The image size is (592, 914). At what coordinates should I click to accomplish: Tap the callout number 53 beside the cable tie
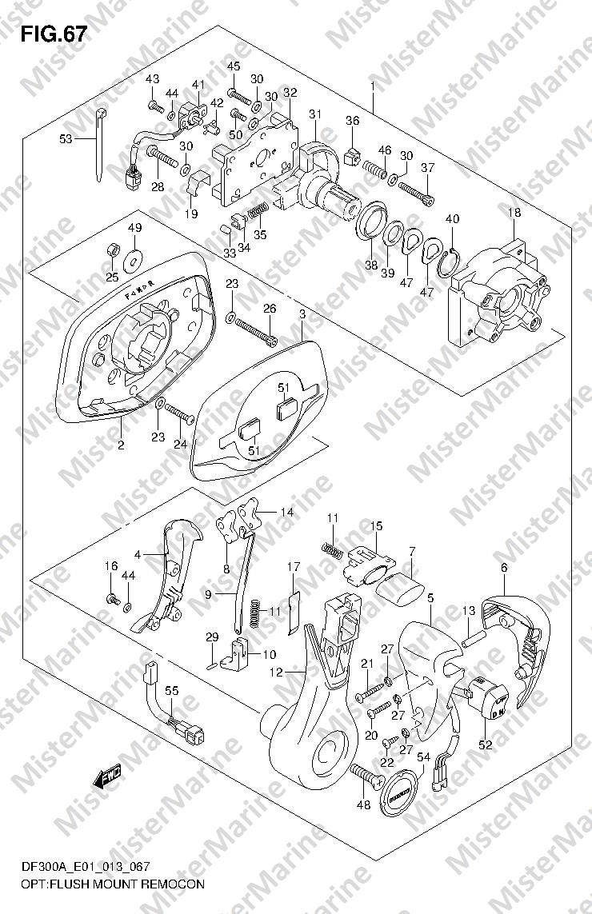click(x=67, y=138)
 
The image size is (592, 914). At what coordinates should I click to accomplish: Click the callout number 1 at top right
click(x=373, y=86)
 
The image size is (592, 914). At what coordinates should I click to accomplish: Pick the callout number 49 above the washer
click(x=134, y=228)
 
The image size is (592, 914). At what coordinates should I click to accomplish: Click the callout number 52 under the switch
click(x=486, y=744)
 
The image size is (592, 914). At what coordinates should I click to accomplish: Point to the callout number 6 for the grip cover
click(x=504, y=567)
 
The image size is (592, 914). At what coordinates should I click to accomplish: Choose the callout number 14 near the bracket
click(x=286, y=512)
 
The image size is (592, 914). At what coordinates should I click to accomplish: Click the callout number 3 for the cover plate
click(x=302, y=314)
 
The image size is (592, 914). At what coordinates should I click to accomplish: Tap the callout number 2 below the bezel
click(x=121, y=445)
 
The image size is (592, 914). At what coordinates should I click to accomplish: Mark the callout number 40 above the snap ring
click(x=452, y=219)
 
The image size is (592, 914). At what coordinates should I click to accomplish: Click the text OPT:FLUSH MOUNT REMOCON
click(x=109, y=884)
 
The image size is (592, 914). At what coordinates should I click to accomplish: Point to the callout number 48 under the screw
click(x=363, y=804)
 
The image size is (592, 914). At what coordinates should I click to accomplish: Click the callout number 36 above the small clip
click(x=353, y=121)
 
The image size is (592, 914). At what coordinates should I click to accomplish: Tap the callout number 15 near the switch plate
click(x=375, y=525)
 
